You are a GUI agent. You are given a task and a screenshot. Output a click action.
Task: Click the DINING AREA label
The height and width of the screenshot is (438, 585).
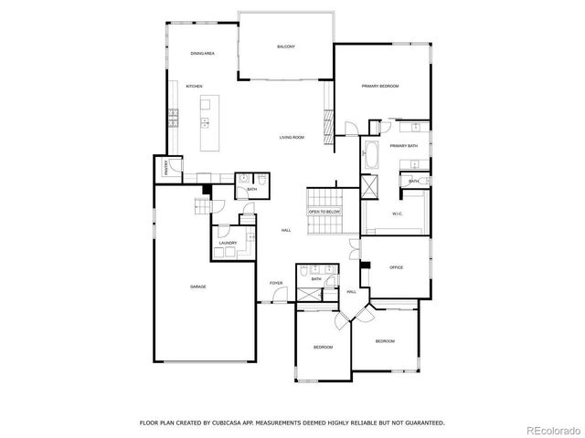coord(202,54)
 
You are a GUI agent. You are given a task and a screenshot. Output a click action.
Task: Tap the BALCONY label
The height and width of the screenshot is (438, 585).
coord(286,47)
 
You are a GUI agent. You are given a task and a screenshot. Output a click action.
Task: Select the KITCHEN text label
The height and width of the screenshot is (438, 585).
coord(194,86)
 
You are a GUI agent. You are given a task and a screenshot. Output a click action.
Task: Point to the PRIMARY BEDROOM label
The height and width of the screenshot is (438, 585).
coord(380,86)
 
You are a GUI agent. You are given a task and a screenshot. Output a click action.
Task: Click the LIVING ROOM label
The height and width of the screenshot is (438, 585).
coord(292,137)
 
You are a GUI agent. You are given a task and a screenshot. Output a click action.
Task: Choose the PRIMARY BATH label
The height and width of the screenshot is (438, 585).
coord(403,146)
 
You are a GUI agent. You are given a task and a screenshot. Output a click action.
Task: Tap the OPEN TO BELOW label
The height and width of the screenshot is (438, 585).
coord(324,211)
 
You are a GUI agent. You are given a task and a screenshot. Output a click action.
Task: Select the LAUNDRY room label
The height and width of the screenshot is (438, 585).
coord(228,243)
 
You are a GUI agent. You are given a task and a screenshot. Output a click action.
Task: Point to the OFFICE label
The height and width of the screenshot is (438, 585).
coord(396,267)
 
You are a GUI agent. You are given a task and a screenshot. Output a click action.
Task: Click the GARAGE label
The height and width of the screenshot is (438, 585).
coord(197,287)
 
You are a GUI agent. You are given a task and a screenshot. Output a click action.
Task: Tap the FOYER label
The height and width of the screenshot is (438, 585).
coord(275,283)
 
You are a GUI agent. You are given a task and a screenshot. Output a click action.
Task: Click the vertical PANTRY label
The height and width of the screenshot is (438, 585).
coord(166,167)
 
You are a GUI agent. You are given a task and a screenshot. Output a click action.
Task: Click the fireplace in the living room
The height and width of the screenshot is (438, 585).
coord(326,120)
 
